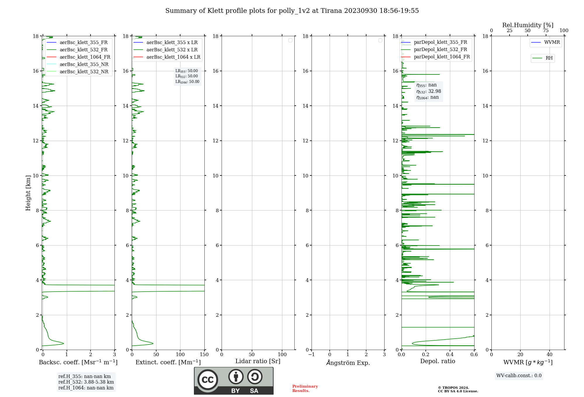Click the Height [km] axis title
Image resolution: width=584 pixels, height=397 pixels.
click(x=28, y=193)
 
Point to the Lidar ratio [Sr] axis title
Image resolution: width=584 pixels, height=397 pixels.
click(x=258, y=361)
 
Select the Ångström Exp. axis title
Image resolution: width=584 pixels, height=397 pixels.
click(x=348, y=363)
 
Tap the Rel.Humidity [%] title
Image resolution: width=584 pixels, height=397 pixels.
click(x=528, y=25)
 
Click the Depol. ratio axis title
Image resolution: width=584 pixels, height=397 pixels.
click(x=437, y=361)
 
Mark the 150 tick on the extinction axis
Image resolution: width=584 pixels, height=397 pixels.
click(x=204, y=355)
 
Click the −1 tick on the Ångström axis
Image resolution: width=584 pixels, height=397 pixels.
click(x=312, y=355)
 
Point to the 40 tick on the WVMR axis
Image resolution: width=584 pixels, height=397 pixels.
click(x=549, y=355)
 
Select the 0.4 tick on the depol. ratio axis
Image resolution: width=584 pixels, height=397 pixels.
click(x=450, y=355)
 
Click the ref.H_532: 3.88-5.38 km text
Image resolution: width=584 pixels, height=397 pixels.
click(x=86, y=382)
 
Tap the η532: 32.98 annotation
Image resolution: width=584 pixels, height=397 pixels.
click(x=429, y=91)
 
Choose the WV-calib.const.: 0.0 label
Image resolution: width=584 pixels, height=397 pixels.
click(x=519, y=376)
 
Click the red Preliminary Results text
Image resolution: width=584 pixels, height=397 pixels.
click(x=305, y=389)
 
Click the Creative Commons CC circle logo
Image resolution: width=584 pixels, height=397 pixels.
click(x=208, y=380)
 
